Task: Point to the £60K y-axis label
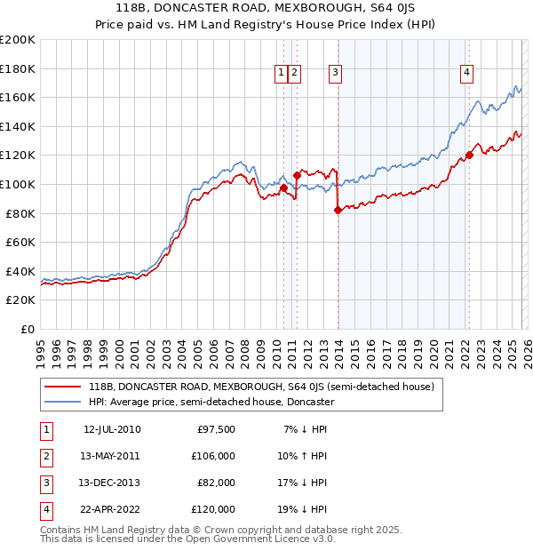click(x=20, y=242)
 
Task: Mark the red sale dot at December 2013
click(x=338, y=211)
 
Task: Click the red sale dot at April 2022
click(x=468, y=156)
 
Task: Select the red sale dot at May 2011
click(x=297, y=176)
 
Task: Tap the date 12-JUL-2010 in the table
click(x=112, y=430)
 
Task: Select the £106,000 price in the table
click(x=213, y=456)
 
